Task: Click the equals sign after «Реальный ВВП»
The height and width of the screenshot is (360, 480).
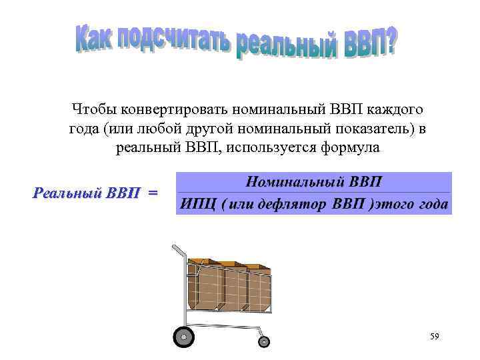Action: tap(153, 193)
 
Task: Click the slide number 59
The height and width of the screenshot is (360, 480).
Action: tap(435, 338)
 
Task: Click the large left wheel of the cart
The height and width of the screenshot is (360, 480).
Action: tap(183, 337)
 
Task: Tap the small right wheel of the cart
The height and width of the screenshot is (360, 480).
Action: tap(264, 341)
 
